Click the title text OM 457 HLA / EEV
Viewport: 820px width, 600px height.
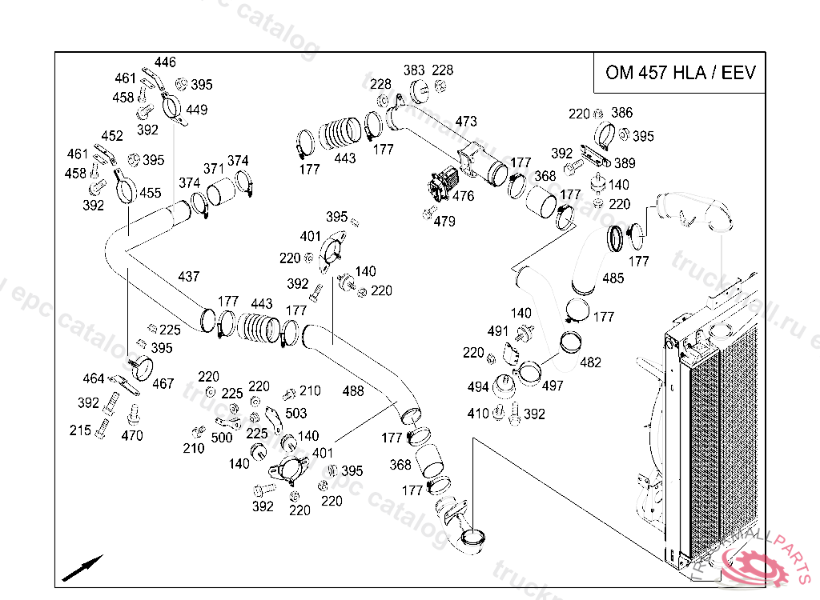tap(680, 73)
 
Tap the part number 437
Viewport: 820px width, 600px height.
tap(189, 277)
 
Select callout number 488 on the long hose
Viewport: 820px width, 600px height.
tap(352, 391)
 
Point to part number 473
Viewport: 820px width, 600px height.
tap(466, 122)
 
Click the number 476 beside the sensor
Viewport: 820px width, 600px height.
tap(463, 196)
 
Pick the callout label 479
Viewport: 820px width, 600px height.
tap(444, 222)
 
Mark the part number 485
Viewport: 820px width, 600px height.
tap(613, 278)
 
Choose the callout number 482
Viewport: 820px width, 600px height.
tap(589, 362)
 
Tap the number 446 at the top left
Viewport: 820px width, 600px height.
tap(165, 62)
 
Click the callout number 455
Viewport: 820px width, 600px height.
tap(151, 193)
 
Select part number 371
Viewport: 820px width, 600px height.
tap(213, 169)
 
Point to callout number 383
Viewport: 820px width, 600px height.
tap(414, 70)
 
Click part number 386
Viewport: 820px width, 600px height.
tap(621, 113)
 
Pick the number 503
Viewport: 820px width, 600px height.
tap(295, 414)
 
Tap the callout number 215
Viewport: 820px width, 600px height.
tap(80, 430)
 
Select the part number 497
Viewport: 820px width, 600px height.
tap(553, 386)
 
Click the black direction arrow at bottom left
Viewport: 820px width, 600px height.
tap(82, 567)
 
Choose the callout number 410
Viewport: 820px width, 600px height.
tap(478, 414)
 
